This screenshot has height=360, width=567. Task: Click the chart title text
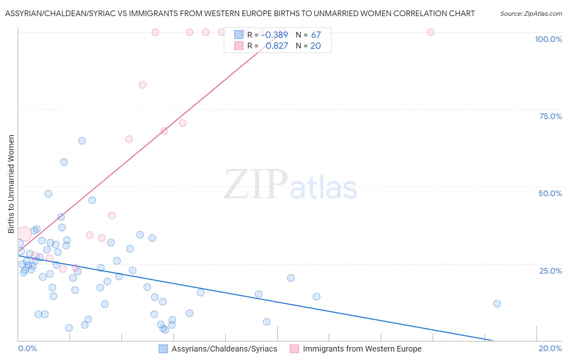coord(240,13)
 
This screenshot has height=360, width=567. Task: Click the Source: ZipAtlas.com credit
coord(531,13)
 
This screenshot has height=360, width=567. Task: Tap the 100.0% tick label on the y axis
coord(548,39)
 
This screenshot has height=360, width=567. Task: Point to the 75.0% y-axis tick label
coord(550,116)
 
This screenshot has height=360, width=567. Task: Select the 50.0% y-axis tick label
coord(550,193)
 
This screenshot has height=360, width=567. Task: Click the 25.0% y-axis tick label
coord(550,271)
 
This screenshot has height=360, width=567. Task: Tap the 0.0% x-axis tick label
coord(27,348)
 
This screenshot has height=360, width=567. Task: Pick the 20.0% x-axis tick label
coord(550,348)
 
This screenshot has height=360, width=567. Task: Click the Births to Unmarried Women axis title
coord(11,184)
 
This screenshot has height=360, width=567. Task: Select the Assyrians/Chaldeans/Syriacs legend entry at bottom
coord(218,349)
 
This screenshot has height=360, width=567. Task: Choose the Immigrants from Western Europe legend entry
coord(356,349)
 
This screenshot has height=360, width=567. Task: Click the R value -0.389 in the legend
coord(275,35)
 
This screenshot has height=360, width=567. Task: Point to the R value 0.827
coord(277,46)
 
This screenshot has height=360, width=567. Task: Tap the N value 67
coord(316,35)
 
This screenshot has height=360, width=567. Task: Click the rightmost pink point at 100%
coord(431,32)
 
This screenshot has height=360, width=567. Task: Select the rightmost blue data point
coord(497,304)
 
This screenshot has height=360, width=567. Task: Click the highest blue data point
coord(82,141)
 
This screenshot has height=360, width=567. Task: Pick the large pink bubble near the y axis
coord(24,234)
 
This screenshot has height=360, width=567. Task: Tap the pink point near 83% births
coord(142,85)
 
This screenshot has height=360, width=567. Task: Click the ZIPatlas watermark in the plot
coord(290,184)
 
